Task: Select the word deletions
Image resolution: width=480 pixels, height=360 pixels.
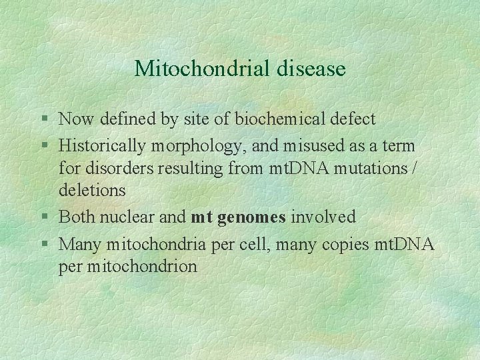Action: (92, 191)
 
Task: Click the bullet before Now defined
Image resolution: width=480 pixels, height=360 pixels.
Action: (44, 120)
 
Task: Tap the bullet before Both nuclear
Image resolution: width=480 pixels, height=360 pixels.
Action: (44, 217)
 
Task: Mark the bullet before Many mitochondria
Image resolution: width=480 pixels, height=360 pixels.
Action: (44, 245)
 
